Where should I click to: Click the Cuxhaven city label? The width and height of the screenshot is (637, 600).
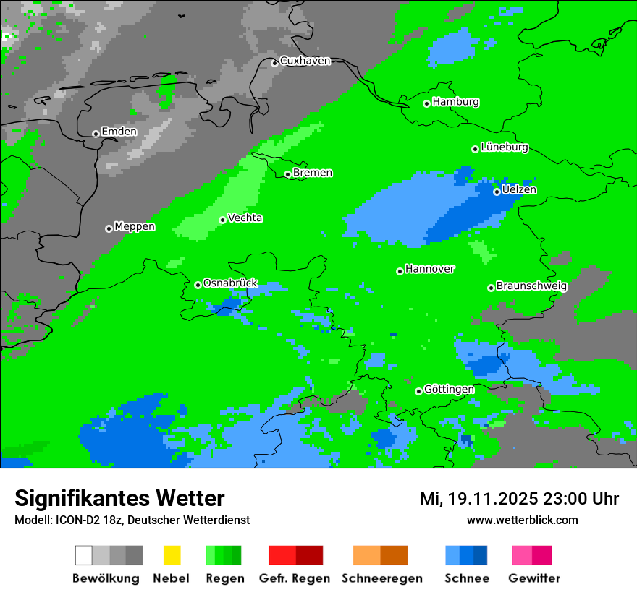[x=305, y=61]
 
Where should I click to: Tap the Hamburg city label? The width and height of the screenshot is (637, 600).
[x=455, y=102]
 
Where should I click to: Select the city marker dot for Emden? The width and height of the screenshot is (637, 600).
[x=96, y=134]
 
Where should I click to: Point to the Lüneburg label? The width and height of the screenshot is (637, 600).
[x=505, y=147]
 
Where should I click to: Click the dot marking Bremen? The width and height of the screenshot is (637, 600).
[x=287, y=174]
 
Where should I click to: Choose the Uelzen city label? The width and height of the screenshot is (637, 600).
[x=519, y=190]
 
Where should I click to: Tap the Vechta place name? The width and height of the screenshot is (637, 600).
[x=245, y=218]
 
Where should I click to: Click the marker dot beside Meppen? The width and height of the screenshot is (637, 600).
[x=109, y=228]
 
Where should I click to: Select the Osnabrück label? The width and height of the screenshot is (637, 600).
[x=230, y=283]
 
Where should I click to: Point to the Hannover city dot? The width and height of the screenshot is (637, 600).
[x=400, y=271]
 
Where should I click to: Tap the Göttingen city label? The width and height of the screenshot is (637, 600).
[x=449, y=390]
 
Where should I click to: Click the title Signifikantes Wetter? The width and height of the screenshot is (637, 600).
[x=119, y=498]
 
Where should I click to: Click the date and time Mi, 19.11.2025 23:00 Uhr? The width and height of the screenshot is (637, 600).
[x=519, y=499]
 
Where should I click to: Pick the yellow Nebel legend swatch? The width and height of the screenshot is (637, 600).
[x=172, y=555]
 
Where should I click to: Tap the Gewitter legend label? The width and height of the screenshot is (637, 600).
[x=533, y=578]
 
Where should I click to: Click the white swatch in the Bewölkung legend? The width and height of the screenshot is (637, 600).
[x=84, y=555]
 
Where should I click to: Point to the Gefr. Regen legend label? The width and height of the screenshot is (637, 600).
[x=295, y=578]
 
